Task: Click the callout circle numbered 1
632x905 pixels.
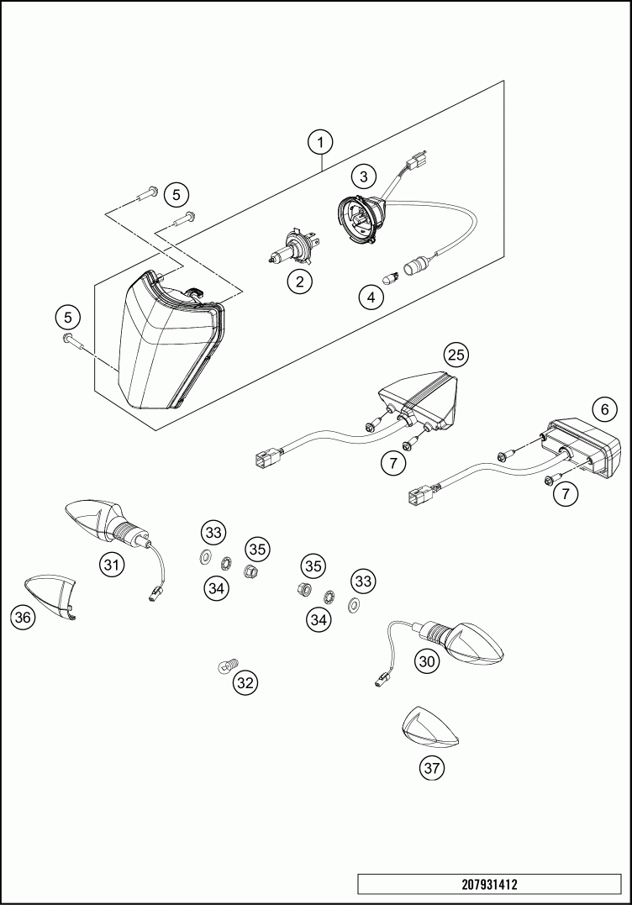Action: point(320,142)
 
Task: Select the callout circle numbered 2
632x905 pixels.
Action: point(299,281)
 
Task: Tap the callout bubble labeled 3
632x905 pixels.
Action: point(363,176)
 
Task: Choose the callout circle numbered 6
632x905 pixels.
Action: point(603,410)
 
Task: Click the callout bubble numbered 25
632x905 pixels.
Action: point(456,355)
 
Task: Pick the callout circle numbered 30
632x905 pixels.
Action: point(428,661)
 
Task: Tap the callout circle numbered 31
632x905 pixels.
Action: point(111,565)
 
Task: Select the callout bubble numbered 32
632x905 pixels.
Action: point(245,683)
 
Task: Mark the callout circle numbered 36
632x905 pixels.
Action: point(23,618)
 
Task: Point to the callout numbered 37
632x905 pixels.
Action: point(432,766)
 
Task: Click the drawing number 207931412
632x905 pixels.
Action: point(489,885)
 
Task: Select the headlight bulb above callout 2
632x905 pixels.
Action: point(289,247)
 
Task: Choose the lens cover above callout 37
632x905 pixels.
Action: point(429,728)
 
